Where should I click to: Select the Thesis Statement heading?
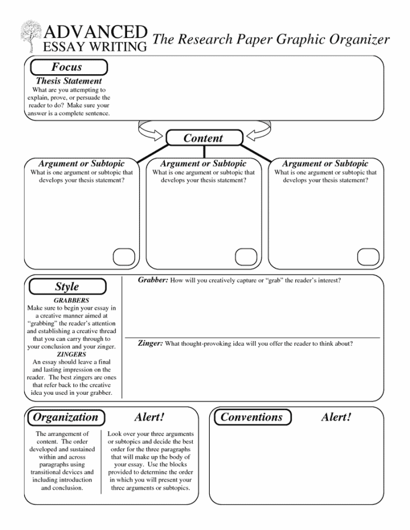(x=69, y=81)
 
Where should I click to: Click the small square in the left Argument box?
(x=123, y=257)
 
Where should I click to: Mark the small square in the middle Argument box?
(x=245, y=257)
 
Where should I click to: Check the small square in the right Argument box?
(x=368, y=257)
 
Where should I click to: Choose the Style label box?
(x=67, y=287)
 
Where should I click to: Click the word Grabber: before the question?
(x=153, y=280)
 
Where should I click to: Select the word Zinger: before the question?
(x=150, y=343)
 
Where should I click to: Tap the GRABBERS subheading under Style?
(x=71, y=300)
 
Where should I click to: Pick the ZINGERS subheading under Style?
(x=71, y=354)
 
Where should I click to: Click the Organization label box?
(x=65, y=417)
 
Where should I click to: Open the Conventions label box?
(x=251, y=417)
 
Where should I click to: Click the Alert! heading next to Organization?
(x=149, y=417)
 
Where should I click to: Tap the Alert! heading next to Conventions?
(x=336, y=417)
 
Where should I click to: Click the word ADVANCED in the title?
(x=95, y=32)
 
